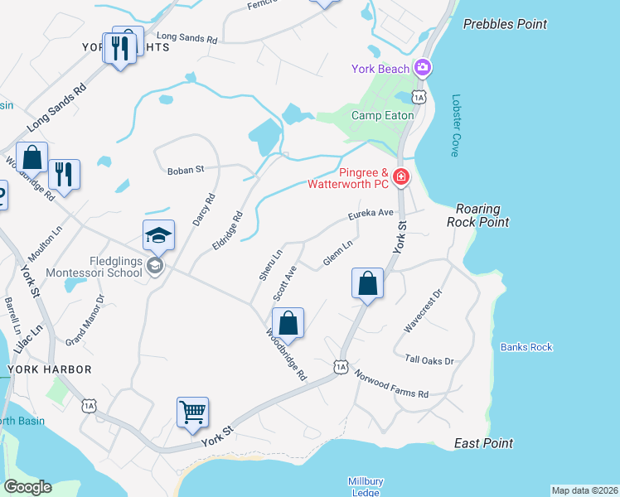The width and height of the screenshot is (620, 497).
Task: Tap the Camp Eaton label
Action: click(382, 115)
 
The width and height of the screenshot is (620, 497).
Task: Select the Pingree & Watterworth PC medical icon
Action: click(401, 176)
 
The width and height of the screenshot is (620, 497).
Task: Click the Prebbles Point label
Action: click(505, 24)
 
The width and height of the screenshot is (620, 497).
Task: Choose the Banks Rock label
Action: click(526, 347)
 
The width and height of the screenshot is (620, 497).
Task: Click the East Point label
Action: click(483, 443)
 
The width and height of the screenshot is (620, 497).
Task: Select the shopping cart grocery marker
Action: click(192, 412)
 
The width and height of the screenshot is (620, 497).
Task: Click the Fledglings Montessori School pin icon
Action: click(155, 266)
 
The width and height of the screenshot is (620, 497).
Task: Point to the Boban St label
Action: click(186, 171)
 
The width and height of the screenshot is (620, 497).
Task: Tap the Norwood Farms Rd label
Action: click(391, 383)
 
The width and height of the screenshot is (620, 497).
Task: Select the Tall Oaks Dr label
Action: click(430, 360)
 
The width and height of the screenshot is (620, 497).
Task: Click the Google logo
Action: click(27, 487)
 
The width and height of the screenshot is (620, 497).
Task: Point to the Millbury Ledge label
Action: click(365, 486)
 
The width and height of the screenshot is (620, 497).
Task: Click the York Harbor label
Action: click(49, 369)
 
